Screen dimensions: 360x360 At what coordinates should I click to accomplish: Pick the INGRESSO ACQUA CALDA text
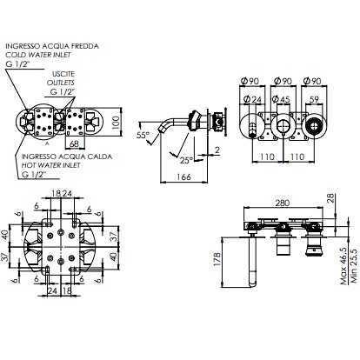click(57, 156)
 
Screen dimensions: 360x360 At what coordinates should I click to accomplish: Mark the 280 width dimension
click(281, 202)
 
